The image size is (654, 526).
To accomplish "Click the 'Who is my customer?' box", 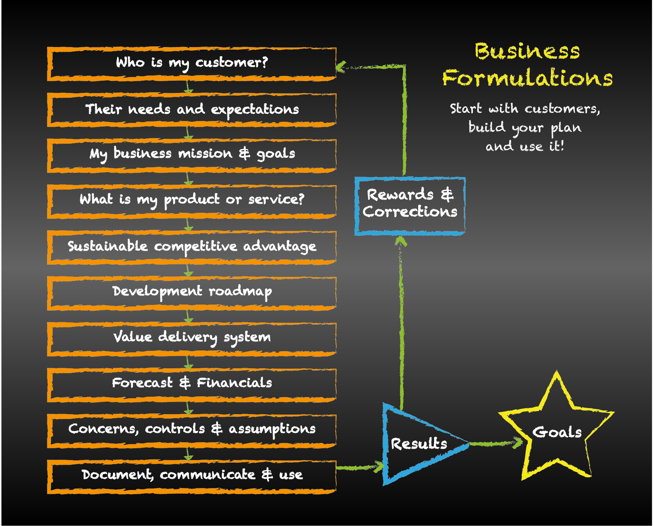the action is click(x=191, y=64).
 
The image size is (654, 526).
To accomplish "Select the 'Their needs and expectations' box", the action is click(x=191, y=110).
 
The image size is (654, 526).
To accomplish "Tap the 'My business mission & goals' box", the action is click(x=191, y=155).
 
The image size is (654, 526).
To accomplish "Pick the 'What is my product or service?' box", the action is click(x=191, y=201).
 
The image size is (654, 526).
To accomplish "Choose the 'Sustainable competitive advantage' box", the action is click(x=191, y=247).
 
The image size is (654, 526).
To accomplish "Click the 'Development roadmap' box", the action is click(x=191, y=293).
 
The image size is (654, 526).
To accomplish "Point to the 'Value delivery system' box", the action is click(x=191, y=339).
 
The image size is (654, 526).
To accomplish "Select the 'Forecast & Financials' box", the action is click(x=191, y=385).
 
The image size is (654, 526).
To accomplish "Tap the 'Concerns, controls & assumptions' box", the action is click(x=191, y=431).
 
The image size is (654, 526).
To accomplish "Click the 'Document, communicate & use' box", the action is click(x=191, y=477).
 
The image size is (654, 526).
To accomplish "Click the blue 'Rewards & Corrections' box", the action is click(x=410, y=206).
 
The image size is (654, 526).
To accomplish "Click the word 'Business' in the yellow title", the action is click(x=527, y=51).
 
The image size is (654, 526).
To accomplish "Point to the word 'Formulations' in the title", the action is click(x=527, y=78).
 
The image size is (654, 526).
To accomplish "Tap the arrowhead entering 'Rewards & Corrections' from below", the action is click(x=401, y=241).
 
